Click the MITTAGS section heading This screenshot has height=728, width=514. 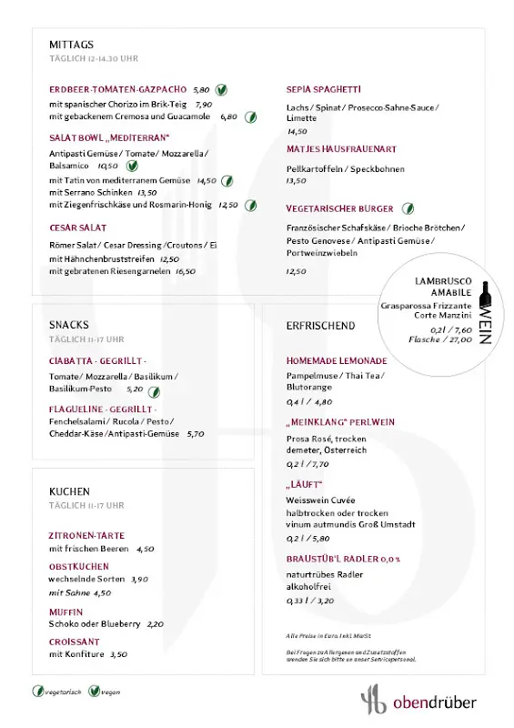point(72,45)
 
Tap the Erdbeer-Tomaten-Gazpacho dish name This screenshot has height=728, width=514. point(118,90)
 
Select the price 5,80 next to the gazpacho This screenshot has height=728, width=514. point(202,90)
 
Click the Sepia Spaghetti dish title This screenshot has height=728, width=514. point(324,89)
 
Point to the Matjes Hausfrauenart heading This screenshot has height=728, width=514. point(341,148)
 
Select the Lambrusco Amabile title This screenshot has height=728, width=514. point(443,287)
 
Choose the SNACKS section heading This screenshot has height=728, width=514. point(69,325)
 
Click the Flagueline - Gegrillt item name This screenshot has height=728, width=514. point(103,409)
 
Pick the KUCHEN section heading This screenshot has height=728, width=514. point(69,491)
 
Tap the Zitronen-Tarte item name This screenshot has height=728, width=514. point(87,536)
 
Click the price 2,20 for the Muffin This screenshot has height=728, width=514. point(155,624)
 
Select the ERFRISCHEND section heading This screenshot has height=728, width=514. point(320,325)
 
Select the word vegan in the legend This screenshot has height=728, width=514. point(109,693)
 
